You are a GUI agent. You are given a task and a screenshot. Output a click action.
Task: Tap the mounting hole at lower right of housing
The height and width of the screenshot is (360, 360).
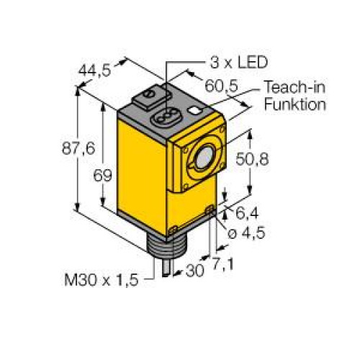[209, 210]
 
